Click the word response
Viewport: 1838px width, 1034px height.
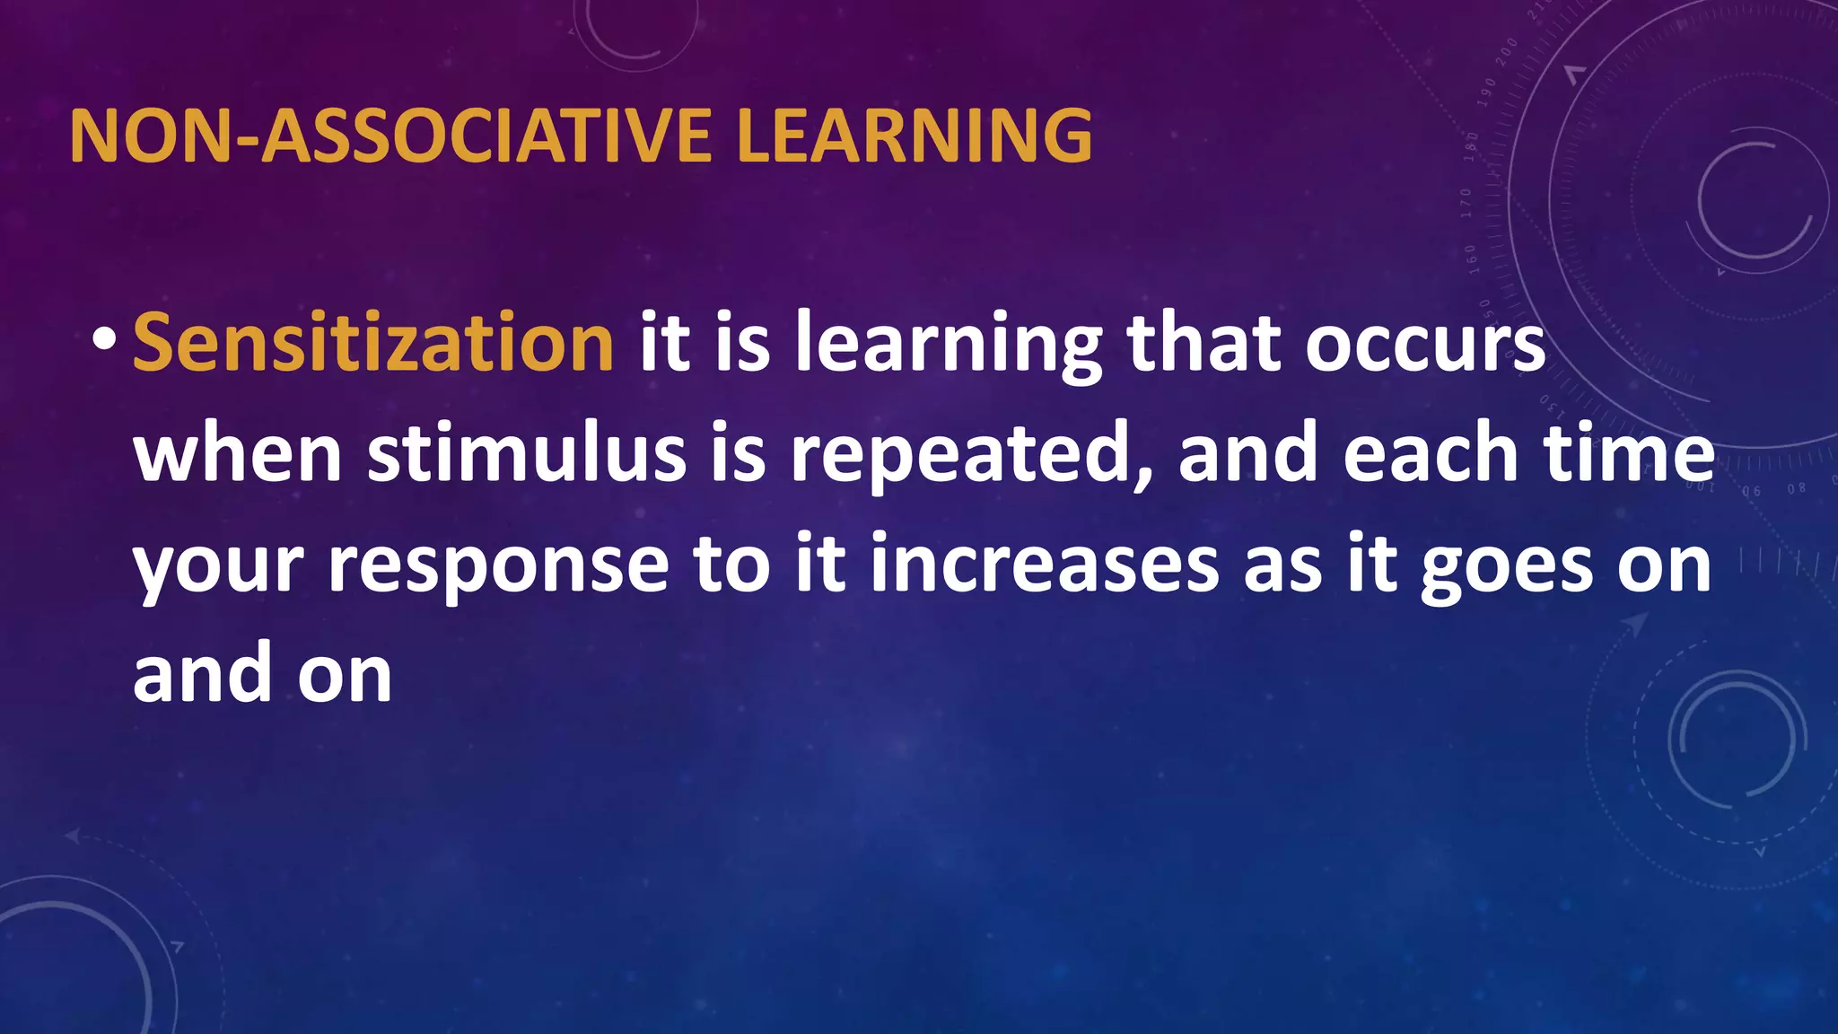[x=498, y=565]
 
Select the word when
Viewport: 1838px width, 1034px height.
[x=238, y=453]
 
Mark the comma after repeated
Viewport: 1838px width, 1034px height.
[x=1143, y=476]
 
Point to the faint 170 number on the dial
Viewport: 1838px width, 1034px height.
[x=1466, y=203]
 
